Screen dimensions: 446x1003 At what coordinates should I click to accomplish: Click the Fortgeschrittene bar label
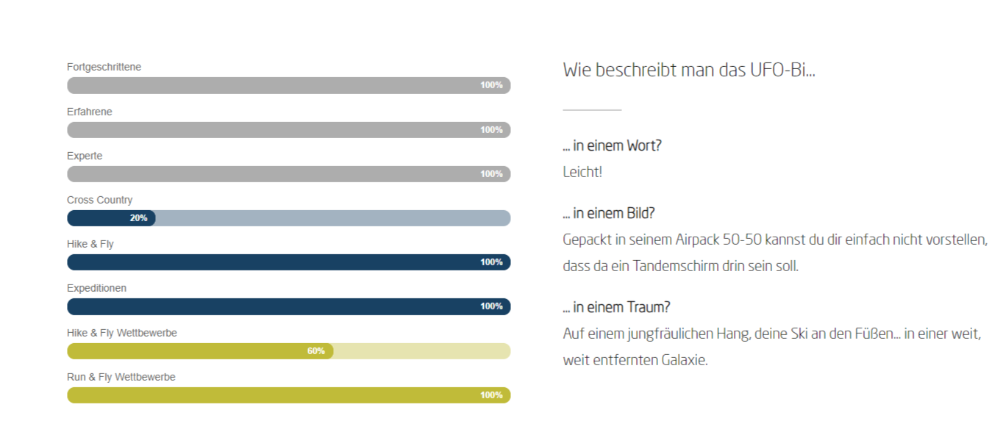104,67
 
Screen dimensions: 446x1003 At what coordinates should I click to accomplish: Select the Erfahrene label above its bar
90,112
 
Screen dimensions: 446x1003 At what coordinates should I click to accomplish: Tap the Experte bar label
85,156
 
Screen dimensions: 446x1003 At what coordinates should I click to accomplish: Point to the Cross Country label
99,200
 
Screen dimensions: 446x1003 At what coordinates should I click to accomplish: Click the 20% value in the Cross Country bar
138,218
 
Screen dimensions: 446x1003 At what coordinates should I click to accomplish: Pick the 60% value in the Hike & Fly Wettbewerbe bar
315,351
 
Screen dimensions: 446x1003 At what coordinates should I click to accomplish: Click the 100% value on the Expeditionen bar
491,306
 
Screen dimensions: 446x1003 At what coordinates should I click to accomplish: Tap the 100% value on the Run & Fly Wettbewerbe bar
491,395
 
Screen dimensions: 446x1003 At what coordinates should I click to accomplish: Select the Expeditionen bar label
96,288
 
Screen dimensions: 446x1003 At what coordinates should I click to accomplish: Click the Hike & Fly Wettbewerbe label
122,333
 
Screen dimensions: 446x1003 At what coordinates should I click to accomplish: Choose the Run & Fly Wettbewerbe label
121,377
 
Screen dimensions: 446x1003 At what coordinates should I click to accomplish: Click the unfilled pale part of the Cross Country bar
331,218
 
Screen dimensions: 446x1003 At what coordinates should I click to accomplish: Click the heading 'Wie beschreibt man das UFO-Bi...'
689,71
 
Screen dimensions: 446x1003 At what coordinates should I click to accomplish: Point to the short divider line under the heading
592,110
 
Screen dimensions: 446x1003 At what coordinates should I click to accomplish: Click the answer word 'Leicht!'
582,173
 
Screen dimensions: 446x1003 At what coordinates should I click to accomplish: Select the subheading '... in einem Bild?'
609,213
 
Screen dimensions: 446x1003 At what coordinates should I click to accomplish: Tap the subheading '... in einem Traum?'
616,307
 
